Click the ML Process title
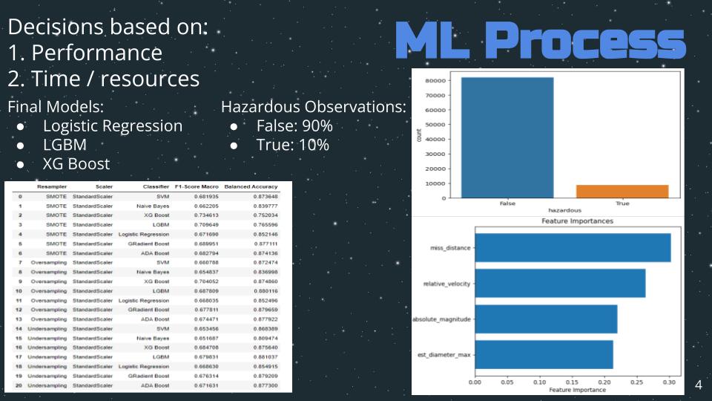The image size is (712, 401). pos(541,41)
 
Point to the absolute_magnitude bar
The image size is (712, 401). pos(546,319)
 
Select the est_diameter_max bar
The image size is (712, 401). pos(544,355)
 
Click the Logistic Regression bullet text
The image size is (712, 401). pos(112,125)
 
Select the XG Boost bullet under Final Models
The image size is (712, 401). pos(76,163)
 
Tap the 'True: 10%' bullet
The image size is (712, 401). pos(292,145)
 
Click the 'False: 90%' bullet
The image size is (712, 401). pos(294,125)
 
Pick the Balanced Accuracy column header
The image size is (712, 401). pos(251,186)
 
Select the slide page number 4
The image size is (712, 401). pos(698,385)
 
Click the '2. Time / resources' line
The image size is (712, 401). pos(104,78)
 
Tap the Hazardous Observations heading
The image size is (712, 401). pos(313,107)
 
